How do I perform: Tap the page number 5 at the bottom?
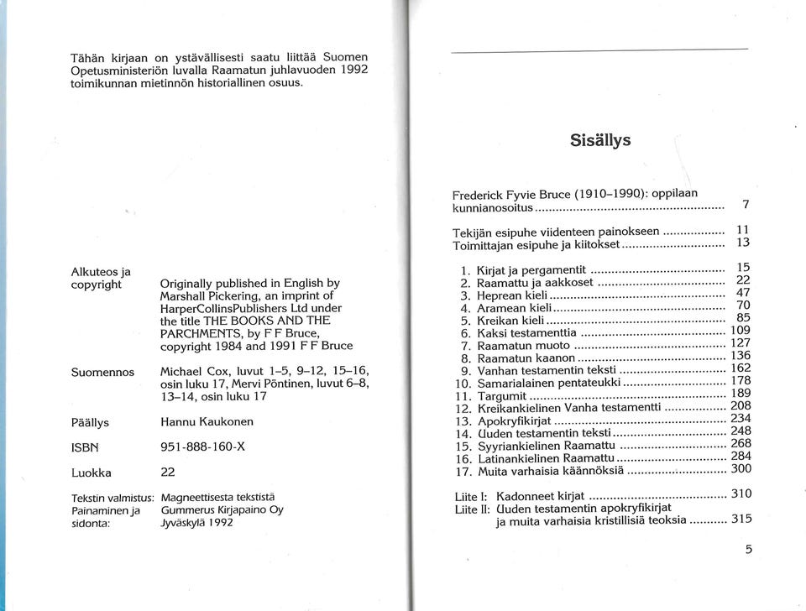tap(748, 551)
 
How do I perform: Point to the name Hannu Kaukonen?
tap(207, 421)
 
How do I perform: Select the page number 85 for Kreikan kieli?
tap(742, 318)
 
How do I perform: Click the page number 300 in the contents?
tap(741, 469)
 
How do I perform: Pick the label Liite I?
tap(471, 496)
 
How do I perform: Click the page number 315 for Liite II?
tap(741, 519)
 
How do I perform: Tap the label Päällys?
tap(91, 422)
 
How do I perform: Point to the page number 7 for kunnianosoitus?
tap(746, 205)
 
